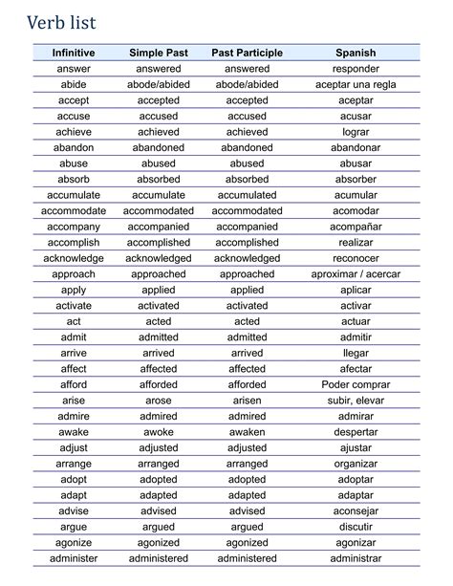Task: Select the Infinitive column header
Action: point(74,53)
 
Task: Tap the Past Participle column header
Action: point(247,53)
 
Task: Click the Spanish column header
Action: point(356,53)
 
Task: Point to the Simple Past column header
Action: point(158,53)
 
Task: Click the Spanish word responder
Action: point(356,69)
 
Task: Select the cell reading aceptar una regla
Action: point(356,84)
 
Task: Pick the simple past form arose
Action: point(158,401)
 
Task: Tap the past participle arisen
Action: point(247,401)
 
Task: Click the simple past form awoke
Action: point(158,432)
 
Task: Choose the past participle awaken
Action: point(247,432)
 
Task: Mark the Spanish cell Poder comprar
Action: point(356,384)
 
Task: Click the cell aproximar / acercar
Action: point(356,274)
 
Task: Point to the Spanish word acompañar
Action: point(356,227)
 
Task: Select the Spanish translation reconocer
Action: point(356,258)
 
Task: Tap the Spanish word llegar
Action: point(356,353)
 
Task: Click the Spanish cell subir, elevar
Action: point(356,401)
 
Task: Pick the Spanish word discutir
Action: point(356,527)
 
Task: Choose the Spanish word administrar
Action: point(356,558)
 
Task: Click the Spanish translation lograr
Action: point(356,132)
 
